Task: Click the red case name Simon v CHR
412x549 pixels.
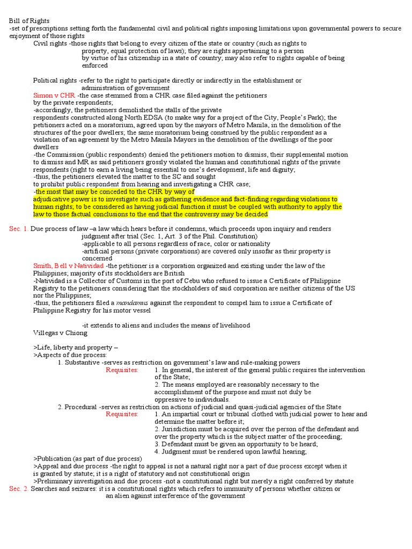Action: click(x=54, y=95)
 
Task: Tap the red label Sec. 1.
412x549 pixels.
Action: click(x=19, y=229)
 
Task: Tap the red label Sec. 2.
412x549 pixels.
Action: click(x=19, y=489)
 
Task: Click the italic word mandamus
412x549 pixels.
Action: click(x=131, y=303)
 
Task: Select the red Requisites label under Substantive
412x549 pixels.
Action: click(x=122, y=370)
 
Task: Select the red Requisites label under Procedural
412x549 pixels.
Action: click(x=122, y=414)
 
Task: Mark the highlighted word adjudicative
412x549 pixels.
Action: click(x=51, y=199)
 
